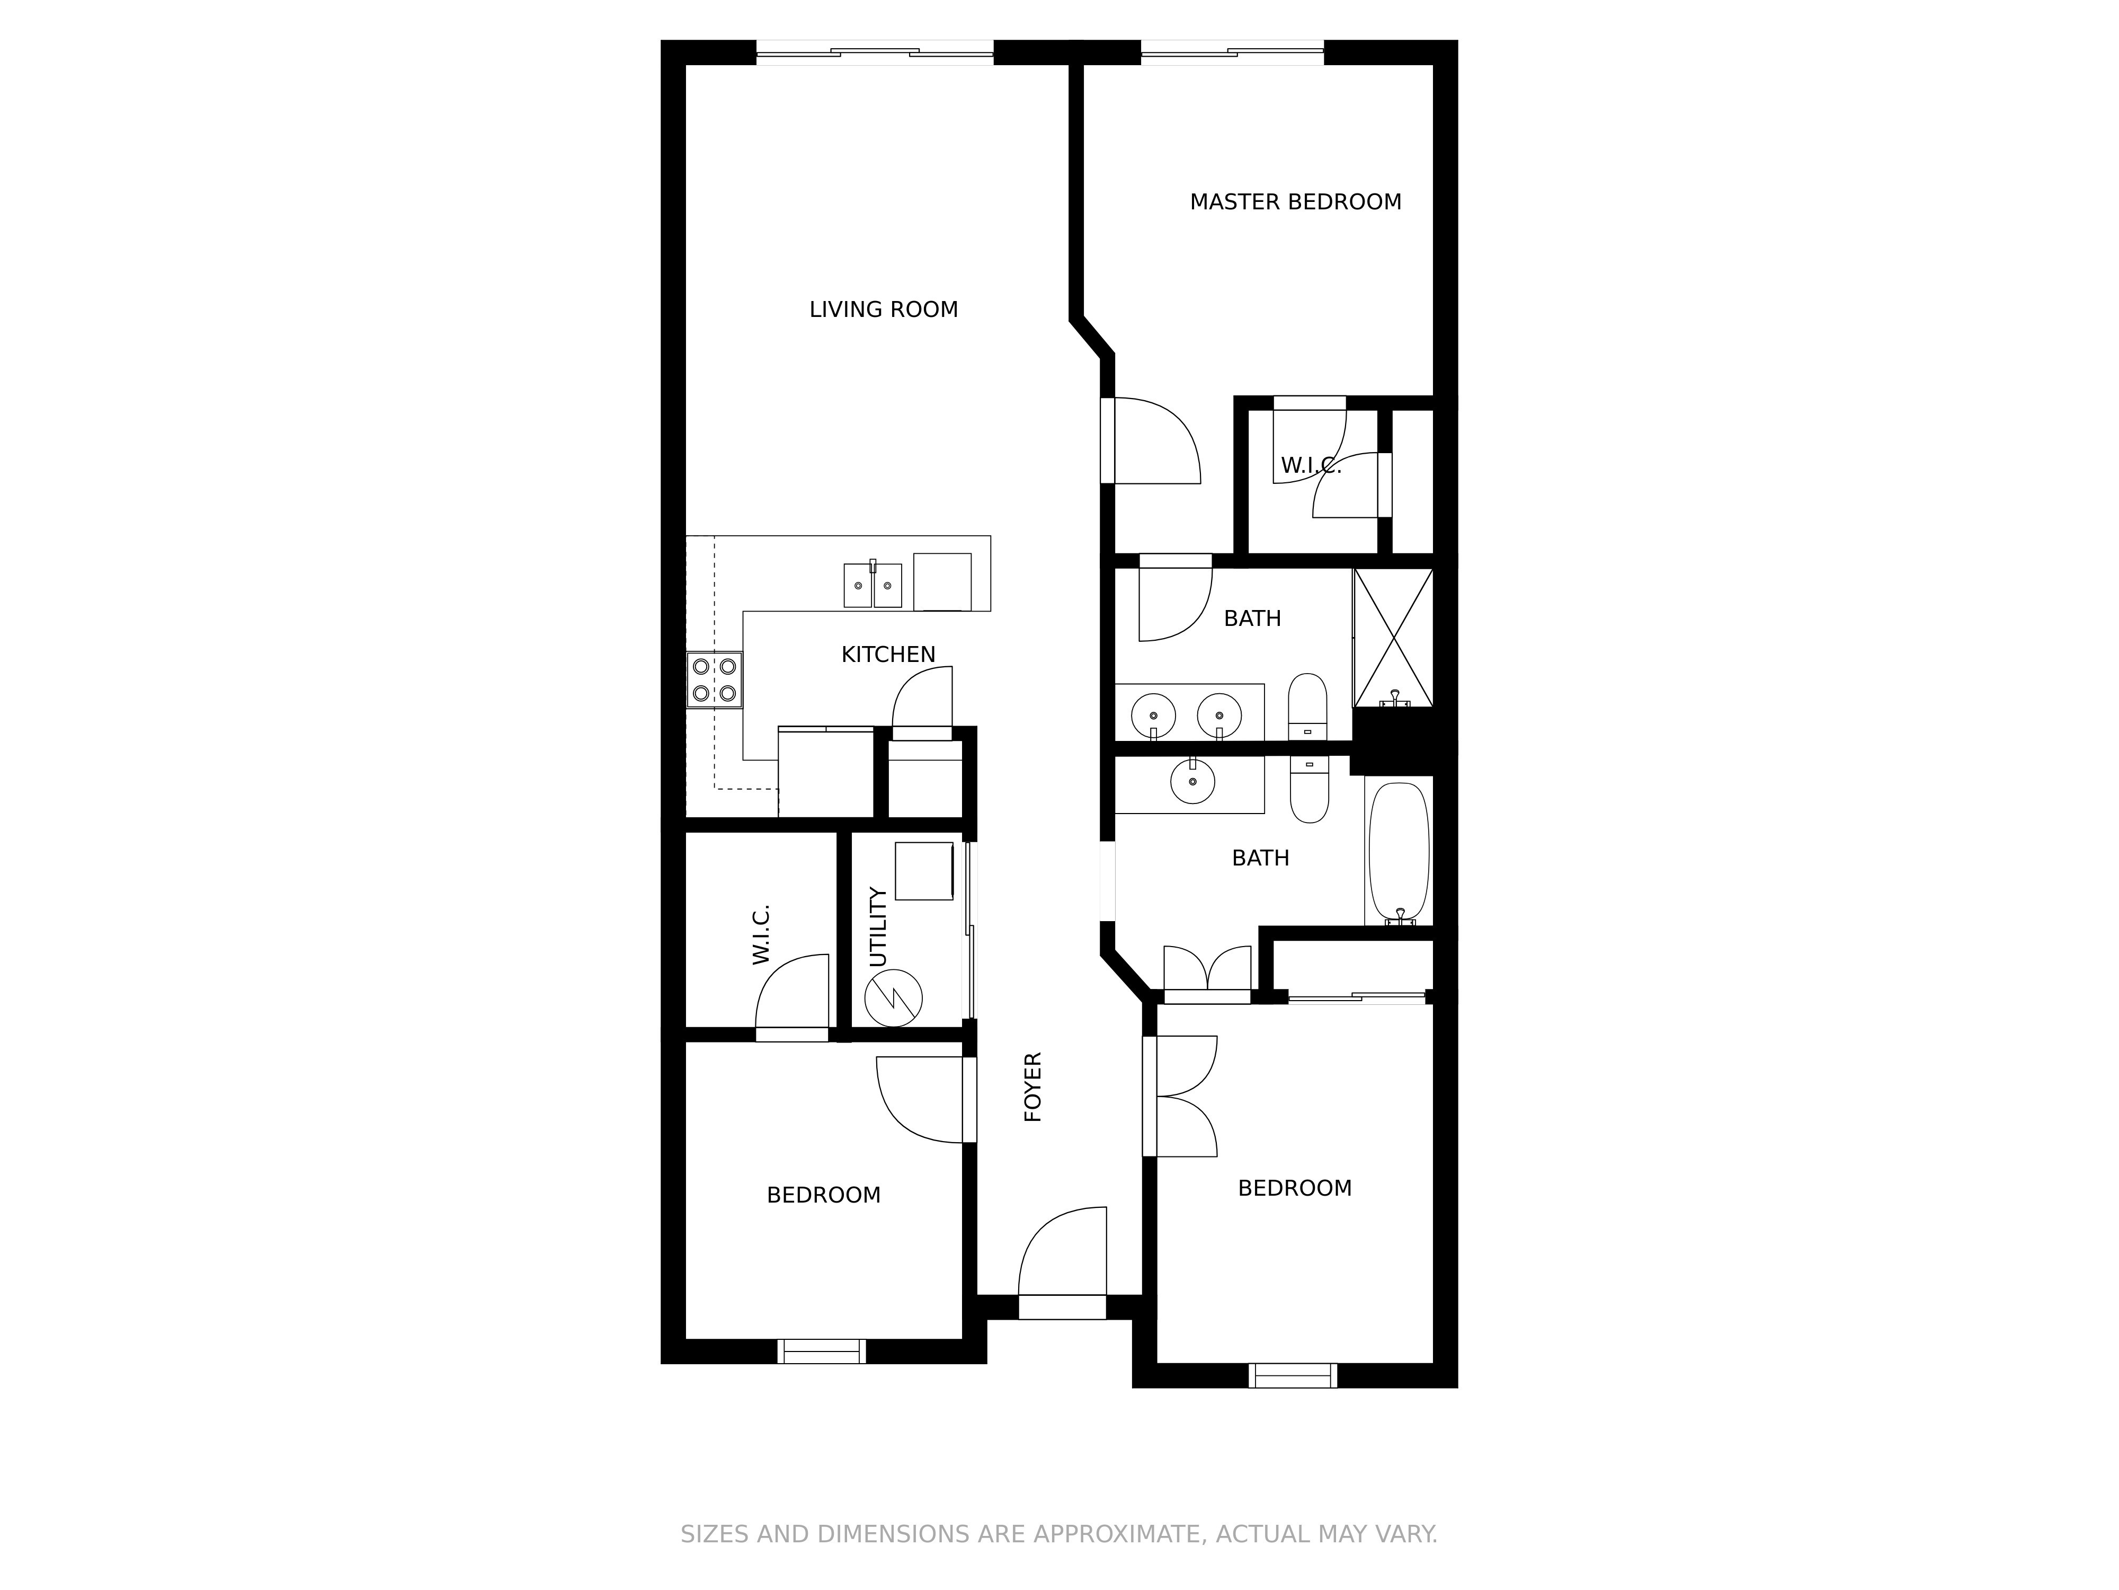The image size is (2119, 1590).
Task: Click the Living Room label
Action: click(883, 310)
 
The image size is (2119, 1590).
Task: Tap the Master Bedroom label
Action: click(1295, 202)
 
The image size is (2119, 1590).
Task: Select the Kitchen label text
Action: click(888, 655)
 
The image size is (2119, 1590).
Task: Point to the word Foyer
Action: click(1032, 1087)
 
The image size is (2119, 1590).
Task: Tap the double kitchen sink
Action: click(872, 585)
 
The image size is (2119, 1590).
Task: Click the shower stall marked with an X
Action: click(1393, 638)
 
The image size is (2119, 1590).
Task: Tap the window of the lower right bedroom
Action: click(1292, 1375)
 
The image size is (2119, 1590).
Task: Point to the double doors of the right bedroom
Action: click(1180, 1097)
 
